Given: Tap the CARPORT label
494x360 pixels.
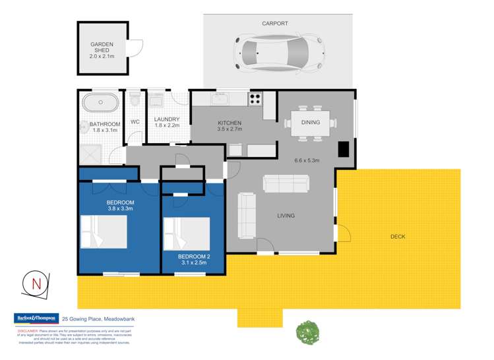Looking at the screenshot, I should point(275,23).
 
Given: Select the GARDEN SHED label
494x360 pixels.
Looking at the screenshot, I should point(102,49).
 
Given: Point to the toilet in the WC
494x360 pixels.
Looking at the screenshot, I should point(135,100).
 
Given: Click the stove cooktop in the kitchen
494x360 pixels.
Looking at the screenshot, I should point(255,99).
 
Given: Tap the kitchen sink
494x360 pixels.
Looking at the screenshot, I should point(220,100).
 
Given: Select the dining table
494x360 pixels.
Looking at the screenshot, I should point(310,122).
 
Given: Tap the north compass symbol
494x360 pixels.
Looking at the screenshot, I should point(36,284).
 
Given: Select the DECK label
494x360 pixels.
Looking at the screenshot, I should point(398,236).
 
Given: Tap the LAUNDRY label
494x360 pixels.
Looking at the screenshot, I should point(167,119).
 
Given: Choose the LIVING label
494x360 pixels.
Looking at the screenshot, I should point(286,216).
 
